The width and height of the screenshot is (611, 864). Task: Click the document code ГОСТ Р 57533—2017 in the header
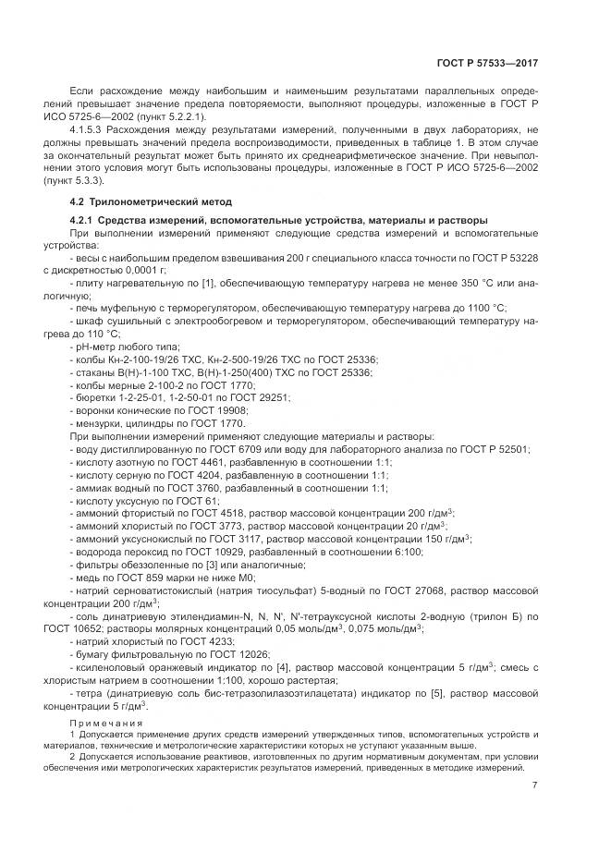[x=488, y=63]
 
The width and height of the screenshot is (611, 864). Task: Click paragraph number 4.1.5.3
[x=89, y=131]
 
